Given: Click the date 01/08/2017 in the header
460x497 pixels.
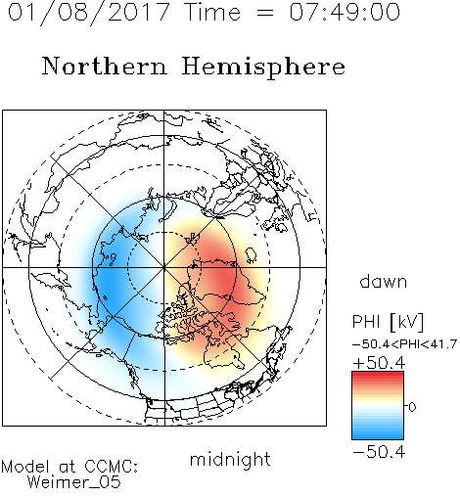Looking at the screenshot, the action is [x=89, y=13].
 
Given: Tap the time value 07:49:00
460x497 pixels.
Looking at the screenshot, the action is [x=345, y=12].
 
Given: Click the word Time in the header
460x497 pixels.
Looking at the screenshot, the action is [x=212, y=12].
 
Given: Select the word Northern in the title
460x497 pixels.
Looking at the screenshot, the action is [x=105, y=66].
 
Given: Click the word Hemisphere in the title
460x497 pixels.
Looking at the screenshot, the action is [x=263, y=68].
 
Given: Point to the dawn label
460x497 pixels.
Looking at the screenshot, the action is [x=384, y=281].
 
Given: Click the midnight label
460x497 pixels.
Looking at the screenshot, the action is [x=230, y=459].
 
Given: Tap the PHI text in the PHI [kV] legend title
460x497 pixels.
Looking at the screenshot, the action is [x=366, y=322].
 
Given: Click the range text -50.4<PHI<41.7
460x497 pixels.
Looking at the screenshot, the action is [x=404, y=344].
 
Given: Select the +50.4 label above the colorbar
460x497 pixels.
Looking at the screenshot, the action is [x=379, y=363].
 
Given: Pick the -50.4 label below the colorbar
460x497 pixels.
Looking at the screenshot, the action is [x=379, y=452].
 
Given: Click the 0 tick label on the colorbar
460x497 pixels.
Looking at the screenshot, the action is [x=412, y=407].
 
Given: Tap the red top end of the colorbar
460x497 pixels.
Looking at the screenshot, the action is [x=378, y=374].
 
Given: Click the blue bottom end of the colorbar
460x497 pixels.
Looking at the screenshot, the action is [x=378, y=437].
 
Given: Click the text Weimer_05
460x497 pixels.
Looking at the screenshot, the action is [x=74, y=482].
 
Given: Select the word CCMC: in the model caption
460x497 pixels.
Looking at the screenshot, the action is [x=111, y=467].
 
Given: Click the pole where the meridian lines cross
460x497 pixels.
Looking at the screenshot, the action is [x=163, y=267].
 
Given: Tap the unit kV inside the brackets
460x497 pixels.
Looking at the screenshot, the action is [x=406, y=322].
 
